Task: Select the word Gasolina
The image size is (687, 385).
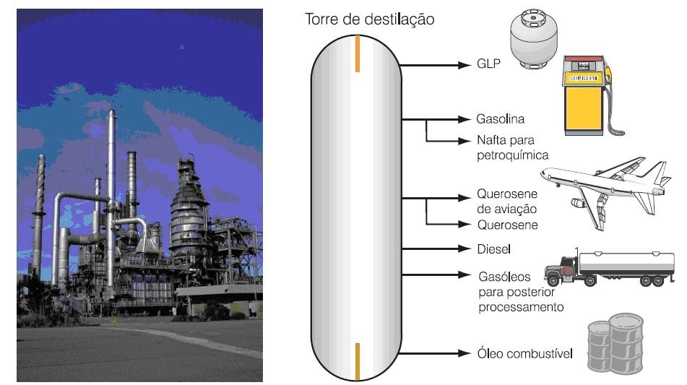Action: click(500, 118)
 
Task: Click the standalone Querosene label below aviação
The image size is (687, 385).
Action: click(507, 225)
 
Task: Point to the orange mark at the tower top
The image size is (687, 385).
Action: click(357, 54)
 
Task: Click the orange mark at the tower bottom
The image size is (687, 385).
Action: click(357, 362)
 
